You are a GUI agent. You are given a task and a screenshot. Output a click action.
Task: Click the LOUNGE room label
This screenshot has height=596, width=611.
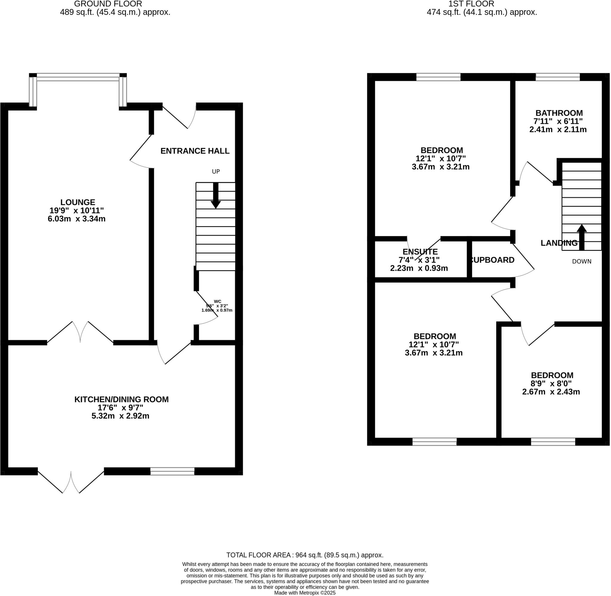point(78,202)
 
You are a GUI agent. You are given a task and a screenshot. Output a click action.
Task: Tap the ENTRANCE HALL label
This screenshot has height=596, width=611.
point(195,151)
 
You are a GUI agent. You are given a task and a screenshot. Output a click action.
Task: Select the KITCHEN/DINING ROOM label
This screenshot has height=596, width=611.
point(121,399)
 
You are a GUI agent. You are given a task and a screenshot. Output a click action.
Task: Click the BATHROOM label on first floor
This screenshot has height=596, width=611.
point(559,113)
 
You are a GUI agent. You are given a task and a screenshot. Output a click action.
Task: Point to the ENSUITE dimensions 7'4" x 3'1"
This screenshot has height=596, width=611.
point(419,260)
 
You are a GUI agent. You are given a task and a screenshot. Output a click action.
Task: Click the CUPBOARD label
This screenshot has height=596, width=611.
point(492,260)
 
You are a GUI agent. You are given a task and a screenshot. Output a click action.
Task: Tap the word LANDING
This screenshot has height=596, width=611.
point(559,243)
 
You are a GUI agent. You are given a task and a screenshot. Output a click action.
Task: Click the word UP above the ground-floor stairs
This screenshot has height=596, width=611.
point(216,172)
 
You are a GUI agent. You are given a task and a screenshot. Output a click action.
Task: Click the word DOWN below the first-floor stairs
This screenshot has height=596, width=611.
point(581,261)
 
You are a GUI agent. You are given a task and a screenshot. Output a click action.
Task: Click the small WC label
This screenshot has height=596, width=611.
point(217,302)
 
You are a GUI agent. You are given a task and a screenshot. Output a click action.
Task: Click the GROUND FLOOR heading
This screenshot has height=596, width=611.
point(108,4)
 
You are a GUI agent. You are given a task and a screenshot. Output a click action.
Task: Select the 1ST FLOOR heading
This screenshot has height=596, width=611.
point(471,4)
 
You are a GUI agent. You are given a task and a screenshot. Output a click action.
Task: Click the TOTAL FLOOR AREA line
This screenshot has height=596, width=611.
point(305,555)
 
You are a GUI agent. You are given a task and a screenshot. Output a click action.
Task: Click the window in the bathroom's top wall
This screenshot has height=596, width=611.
point(558,77)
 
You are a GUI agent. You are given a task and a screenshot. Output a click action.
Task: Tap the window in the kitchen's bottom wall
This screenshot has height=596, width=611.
point(172,471)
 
